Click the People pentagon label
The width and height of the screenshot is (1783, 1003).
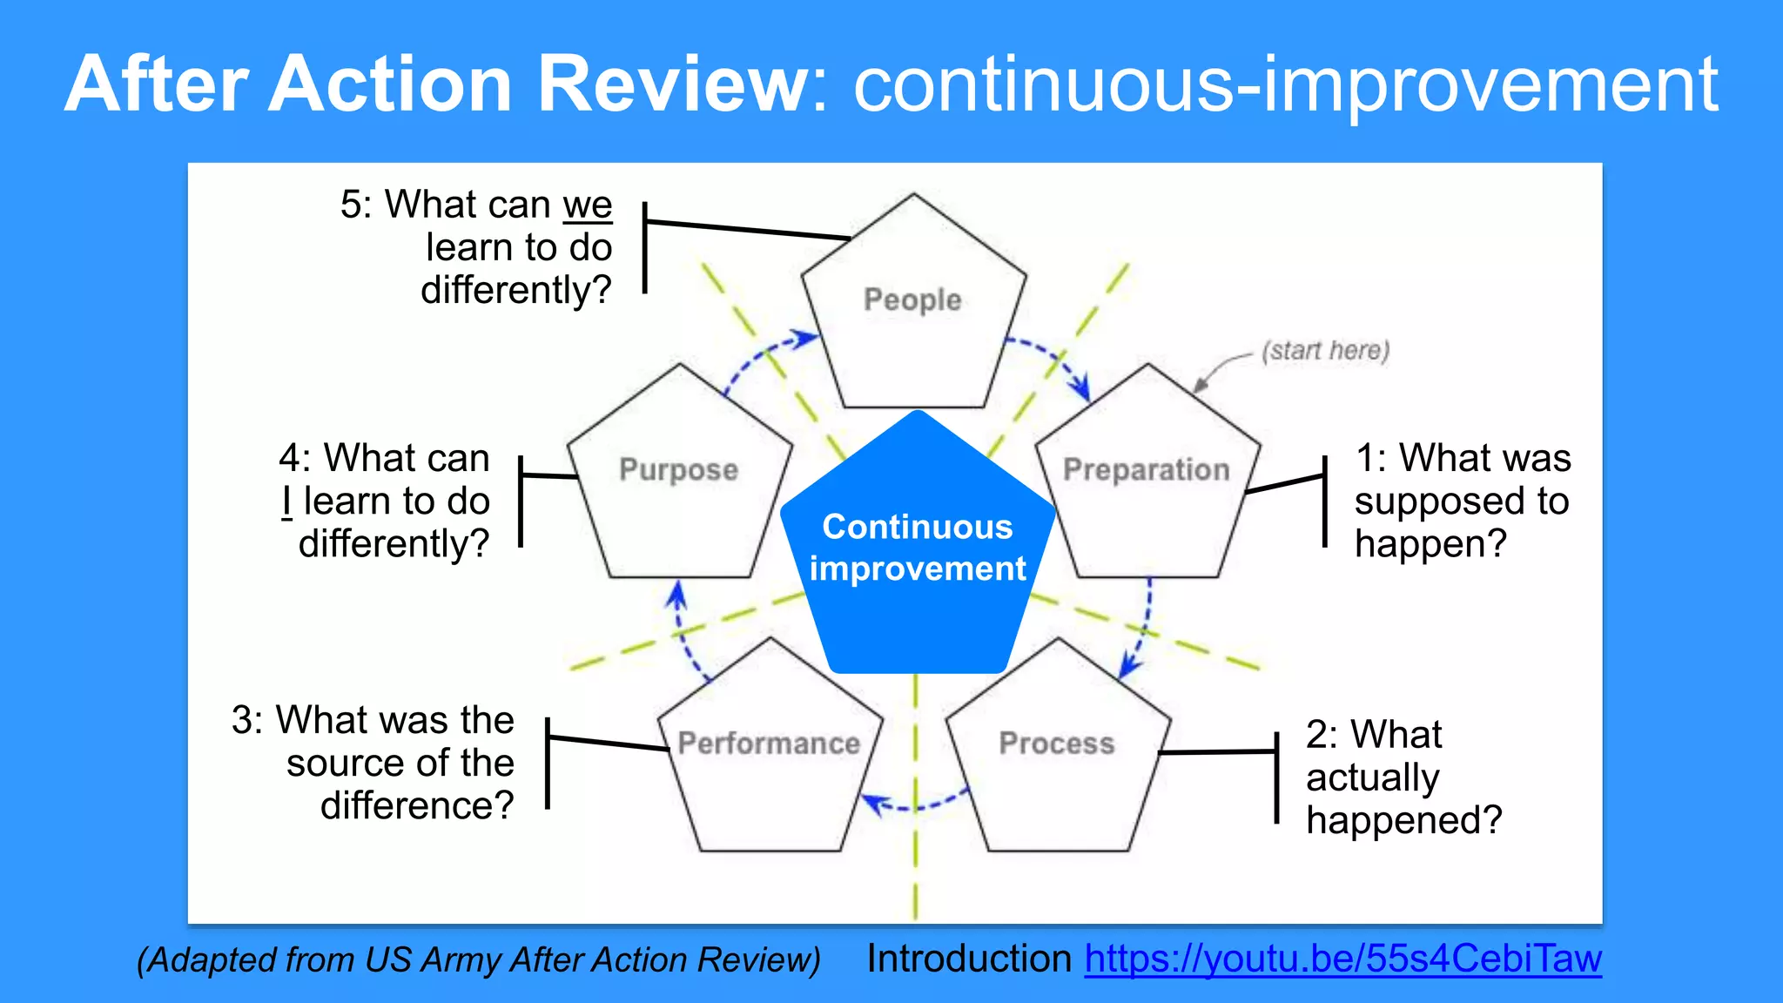pyautogui.click(x=912, y=300)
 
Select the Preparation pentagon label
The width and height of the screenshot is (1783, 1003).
pyautogui.click(x=1147, y=469)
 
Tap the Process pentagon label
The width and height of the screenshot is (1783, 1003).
pyautogui.click(x=1056, y=743)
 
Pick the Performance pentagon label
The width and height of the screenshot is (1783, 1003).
pyautogui.click(x=769, y=743)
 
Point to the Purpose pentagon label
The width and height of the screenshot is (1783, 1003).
pyautogui.click(x=678, y=469)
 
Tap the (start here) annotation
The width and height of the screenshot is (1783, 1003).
pyautogui.click(x=1325, y=350)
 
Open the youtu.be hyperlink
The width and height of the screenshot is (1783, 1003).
pyautogui.click(x=1342, y=959)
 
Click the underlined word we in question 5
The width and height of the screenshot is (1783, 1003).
pyautogui.click(x=588, y=205)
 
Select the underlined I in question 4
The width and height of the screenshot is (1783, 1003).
pyautogui.click(x=286, y=501)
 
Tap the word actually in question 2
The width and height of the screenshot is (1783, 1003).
pyautogui.click(x=1372, y=777)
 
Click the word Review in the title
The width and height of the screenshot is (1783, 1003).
pyautogui.click(x=672, y=84)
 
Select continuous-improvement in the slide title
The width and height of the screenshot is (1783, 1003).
pyautogui.click(x=1285, y=85)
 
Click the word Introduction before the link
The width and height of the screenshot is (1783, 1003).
pyautogui.click(x=969, y=959)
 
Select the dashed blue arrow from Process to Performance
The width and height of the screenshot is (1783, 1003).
pyautogui.click(x=914, y=805)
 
